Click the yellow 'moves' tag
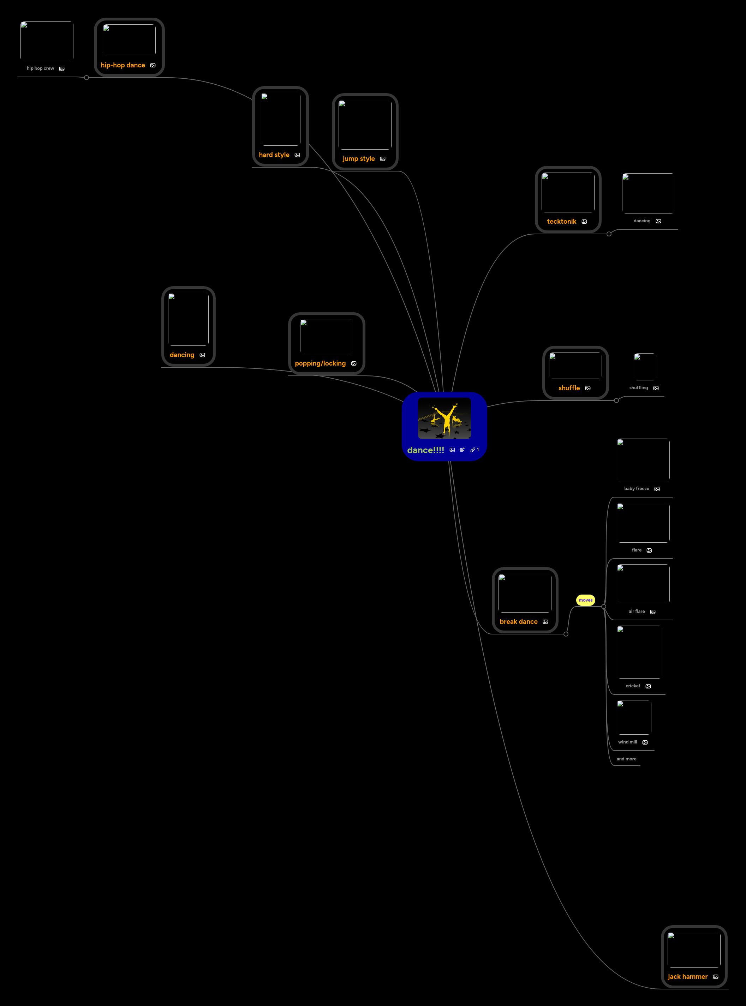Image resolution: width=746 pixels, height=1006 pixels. (585, 600)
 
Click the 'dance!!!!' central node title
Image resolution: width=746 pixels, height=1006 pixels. (425, 450)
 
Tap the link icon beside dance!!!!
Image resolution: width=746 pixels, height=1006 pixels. (473, 450)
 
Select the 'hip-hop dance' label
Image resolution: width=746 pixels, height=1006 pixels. (123, 65)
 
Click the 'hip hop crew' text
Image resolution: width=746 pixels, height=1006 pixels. (40, 68)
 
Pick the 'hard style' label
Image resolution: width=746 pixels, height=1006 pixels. (274, 155)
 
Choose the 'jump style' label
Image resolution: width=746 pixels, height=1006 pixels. (359, 159)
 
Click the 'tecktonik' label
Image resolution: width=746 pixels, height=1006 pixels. (561, 222)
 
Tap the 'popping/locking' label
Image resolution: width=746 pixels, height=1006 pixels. (320, 363)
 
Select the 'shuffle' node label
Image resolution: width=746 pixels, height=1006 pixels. (569, 388)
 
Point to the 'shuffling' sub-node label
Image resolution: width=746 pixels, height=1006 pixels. (638, 388)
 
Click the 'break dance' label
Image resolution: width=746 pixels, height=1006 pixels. (518, 621)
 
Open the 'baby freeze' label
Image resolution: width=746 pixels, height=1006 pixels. (636, 489)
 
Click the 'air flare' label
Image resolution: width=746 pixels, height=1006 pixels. (636, 612)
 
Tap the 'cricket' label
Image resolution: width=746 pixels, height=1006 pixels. (633, 686)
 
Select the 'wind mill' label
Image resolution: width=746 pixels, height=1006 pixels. (627, 742)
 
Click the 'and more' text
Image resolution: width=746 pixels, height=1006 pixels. (626, 759)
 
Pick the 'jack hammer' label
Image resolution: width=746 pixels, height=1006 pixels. (687, 976)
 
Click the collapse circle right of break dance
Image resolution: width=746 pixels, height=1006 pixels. (566, 634)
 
